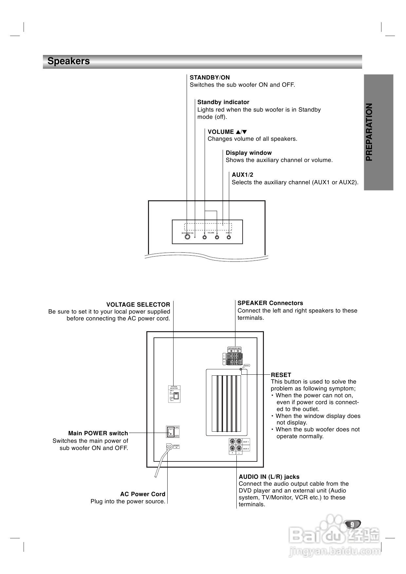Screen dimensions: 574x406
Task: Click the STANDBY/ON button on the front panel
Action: coord(187,237)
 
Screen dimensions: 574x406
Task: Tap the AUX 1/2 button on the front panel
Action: coord(229,237)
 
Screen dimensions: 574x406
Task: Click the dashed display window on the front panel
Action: coord(208,227)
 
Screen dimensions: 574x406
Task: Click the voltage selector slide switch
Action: coord(176,396)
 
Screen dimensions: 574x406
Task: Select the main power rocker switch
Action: coord(171,432)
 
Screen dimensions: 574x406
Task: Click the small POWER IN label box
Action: coord(176,447)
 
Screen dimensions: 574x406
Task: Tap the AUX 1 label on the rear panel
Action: coord(246,442)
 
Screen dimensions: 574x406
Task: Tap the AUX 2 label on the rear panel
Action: coord(246,449)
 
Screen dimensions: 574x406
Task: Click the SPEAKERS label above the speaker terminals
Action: coord(234,348)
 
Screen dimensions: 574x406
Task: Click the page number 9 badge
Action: coord(352,524)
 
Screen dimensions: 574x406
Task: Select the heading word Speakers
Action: coord(68,61)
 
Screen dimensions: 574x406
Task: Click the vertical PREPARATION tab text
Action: coord(369,132)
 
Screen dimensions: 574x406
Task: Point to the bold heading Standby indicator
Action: coord(223,102)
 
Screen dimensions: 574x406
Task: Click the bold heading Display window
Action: coord(249,153)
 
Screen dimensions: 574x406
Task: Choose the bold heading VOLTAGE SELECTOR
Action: coord(138,305)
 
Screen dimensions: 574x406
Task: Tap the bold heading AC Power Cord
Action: coord(143,494)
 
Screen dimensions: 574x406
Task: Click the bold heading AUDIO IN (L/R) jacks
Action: coord(269,477)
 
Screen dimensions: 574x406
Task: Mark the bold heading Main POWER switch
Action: coord(98,433)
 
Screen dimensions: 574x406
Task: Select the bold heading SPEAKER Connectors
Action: coord(270,303)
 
